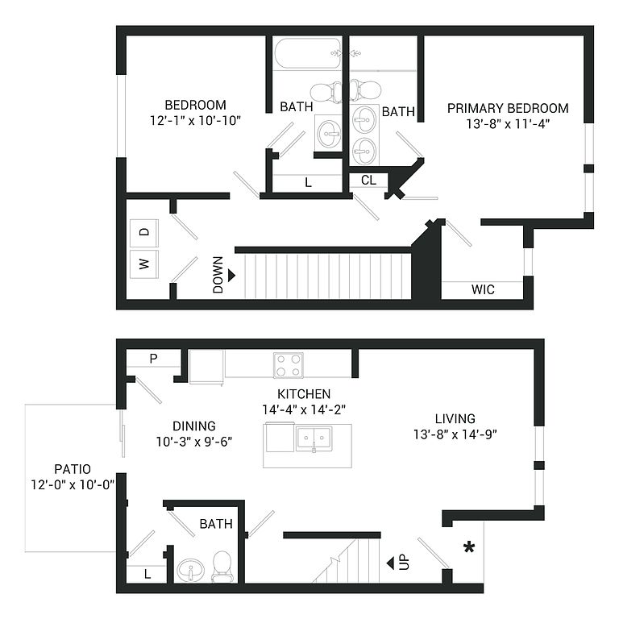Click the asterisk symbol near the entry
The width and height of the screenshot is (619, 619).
(469, 547)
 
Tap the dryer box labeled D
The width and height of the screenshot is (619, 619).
(144, 233)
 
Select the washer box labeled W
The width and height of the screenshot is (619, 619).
(144, 264)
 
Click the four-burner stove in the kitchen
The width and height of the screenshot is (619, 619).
(289, 365)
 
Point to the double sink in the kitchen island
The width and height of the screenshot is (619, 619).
(314, 438)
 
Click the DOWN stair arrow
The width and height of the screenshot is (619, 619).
(231, 275)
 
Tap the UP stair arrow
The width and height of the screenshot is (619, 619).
(390, 563)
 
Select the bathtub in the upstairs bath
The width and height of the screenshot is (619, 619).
(307, 54)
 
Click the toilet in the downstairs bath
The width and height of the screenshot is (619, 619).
(222, 567)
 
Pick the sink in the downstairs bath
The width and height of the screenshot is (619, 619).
(190, 570)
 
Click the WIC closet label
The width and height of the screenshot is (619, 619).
(483, 289)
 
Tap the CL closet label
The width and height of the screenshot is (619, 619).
(368, 180)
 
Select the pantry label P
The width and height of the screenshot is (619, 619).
(154, 358)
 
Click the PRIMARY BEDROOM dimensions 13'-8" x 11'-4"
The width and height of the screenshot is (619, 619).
(508, 124)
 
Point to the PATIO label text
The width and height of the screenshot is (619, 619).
(73, 469)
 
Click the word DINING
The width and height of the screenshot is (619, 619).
(194, 426)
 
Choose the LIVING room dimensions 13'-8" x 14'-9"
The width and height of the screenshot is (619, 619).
(455, 434)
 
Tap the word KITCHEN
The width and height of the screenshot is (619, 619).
(304, 394)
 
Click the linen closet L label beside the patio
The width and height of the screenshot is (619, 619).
(147, 574)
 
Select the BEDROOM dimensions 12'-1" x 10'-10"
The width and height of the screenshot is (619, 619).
(195, 120)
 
